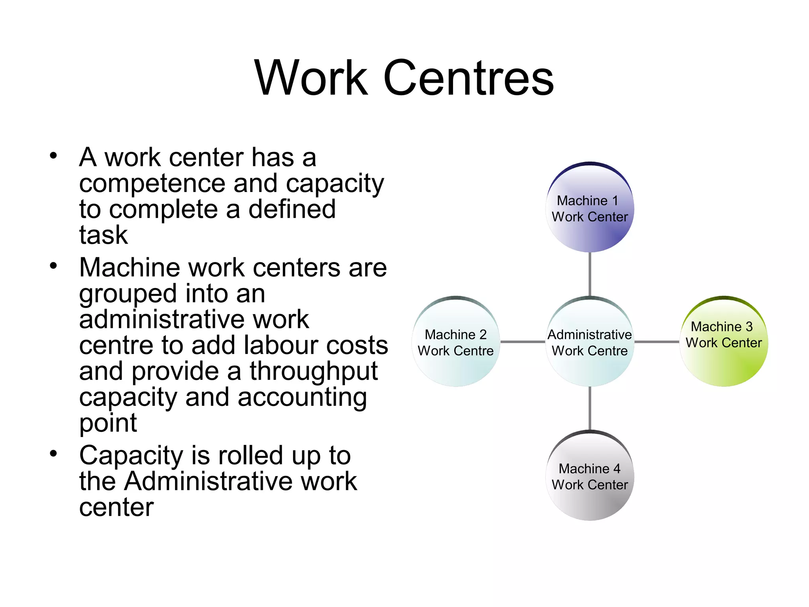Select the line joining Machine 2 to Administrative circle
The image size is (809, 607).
(x=523, y=342)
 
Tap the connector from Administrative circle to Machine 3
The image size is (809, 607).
(x=657, y=342)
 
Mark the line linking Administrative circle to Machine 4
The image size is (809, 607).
(x=590, y=408)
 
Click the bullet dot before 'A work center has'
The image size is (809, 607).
(x=53, y=155)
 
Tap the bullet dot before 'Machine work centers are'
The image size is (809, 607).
(x=53, y=265)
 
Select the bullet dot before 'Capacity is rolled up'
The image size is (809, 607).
(x=53, y=453)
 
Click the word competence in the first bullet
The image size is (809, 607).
(x=152, y=184)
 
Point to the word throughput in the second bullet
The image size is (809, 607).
(x=314, y=371)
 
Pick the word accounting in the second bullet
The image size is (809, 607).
(x=302, y=398)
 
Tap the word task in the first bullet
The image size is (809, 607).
(x=103, y=235)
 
